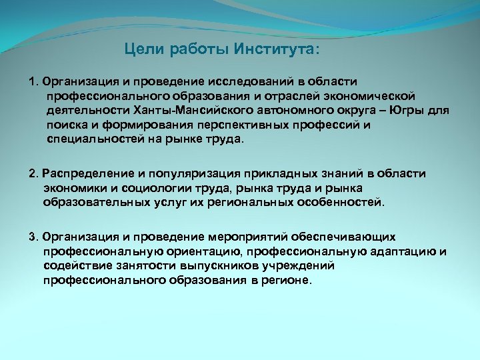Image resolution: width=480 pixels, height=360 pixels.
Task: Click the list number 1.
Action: pyautogui.click(x=32, y=81)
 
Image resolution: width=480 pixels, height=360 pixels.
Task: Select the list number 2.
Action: pyautogui.click(x=32, y=173)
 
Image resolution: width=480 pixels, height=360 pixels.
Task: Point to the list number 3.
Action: pyautogui.click(x=32, y=237)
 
